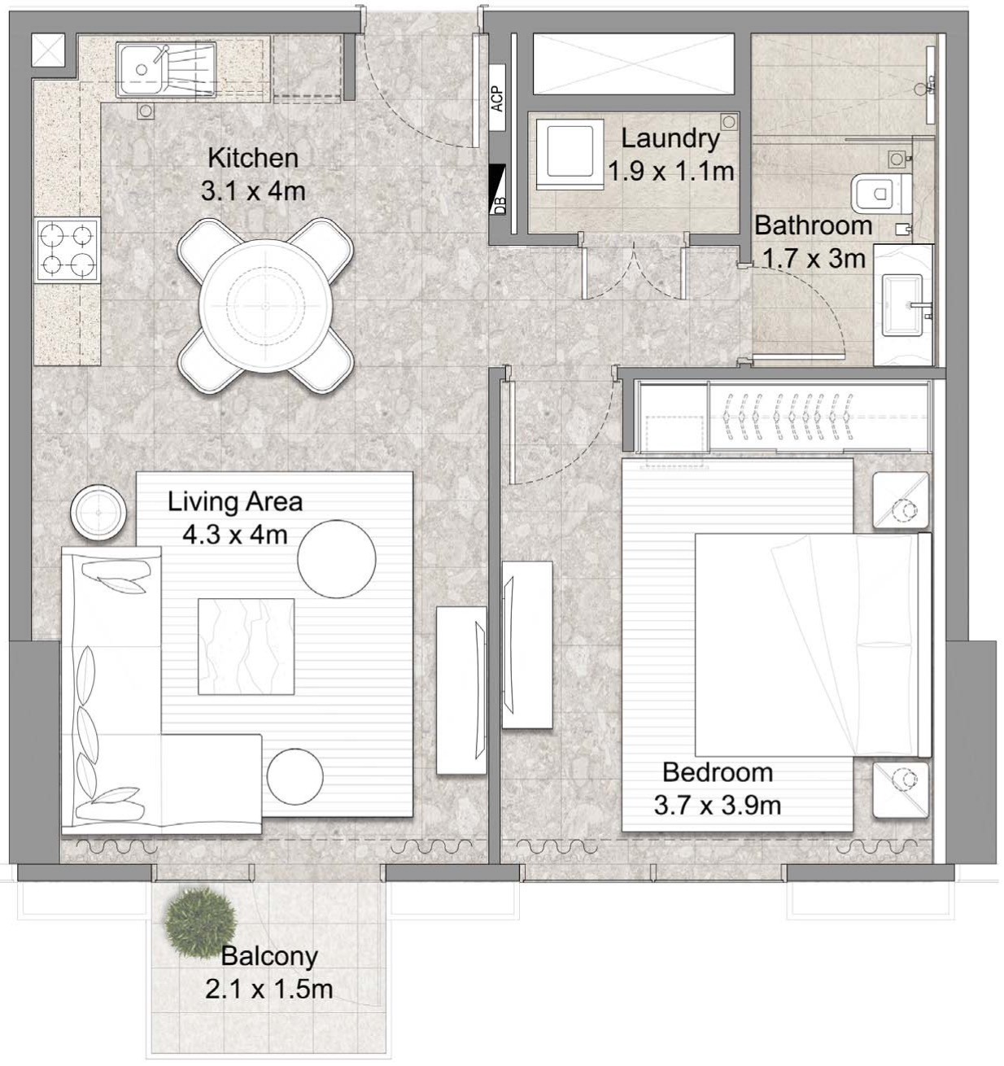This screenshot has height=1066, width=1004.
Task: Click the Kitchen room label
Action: tap(252, 157)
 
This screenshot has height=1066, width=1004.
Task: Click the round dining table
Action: tap(266, 306)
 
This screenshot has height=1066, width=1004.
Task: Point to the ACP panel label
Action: tap(497, 98)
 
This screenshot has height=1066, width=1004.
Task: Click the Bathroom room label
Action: tap(813, 225)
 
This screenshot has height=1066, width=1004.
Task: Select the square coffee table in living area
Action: tap(246, 646)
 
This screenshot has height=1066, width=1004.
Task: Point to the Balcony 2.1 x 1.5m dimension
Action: tap(268, 990)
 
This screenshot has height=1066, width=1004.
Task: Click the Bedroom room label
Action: tap(717, 771)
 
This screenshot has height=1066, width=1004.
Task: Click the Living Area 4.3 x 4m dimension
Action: tap(234, 535)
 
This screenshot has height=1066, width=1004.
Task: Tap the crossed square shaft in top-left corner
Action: tap(48, 50)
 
